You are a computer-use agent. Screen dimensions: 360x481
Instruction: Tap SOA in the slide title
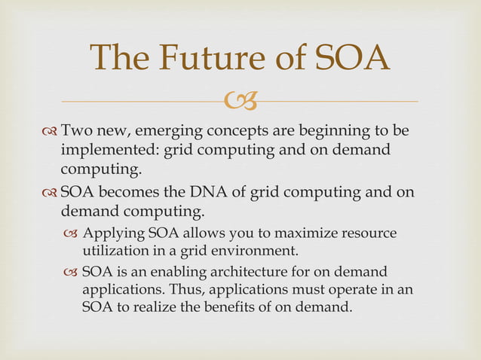[x=351, y=59]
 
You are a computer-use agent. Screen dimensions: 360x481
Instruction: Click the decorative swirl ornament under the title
[x=241, y=99]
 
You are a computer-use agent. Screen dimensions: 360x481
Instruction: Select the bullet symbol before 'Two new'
[x=50, y=133]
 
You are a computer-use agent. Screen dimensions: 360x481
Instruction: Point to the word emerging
[x=170, y=132]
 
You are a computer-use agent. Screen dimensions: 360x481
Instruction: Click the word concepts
[x=243, y=132]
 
